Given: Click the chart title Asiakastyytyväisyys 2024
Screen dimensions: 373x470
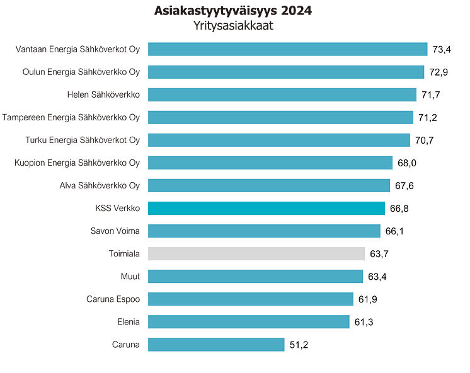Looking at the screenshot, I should click(233, 12).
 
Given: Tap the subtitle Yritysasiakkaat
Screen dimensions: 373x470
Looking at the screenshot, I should click(233, 27).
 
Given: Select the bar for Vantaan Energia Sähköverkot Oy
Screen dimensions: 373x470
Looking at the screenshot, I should click(287, 49).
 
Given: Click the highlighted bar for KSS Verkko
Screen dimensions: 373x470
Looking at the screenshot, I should click(266, 208).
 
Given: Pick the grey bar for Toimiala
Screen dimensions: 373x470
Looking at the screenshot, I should click(256, 253).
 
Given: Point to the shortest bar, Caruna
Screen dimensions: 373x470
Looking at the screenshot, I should click(215, 344).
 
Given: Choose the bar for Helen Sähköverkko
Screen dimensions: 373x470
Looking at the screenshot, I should click(282, 95).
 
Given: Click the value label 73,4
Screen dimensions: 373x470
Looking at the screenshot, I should click(442, 49).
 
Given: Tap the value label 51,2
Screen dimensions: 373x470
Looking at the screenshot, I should click(299, 345).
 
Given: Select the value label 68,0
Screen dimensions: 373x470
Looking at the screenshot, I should click(407, 163).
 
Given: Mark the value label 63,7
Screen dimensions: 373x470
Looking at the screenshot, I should click(379, 254).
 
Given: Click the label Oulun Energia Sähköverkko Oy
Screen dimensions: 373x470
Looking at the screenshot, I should click(81, 72).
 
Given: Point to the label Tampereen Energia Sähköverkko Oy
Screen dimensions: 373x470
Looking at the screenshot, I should click(71, 117).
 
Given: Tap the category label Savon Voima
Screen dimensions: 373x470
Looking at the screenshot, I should click(115, 231).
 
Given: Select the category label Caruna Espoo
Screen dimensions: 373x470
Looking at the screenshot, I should click(113, 299).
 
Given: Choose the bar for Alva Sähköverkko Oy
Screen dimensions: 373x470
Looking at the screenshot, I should click(268, 185).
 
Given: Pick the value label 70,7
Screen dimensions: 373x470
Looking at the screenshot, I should click(423, 141).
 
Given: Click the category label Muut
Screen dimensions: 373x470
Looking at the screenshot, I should click(130, 276).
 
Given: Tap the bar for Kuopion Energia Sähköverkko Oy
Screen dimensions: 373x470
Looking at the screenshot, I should click(270, 163).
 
